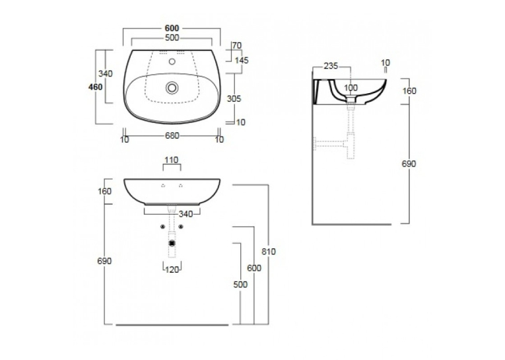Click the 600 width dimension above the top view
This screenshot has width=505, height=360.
[172, 28]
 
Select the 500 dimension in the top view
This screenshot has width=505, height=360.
[172, 38]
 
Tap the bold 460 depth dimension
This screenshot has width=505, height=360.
[95, 87]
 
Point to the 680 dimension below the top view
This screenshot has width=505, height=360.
[172, 135]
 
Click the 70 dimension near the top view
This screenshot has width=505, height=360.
[237, 46]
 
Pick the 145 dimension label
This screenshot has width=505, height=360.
[242, 60]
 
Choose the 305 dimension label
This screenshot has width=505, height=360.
[234, 98]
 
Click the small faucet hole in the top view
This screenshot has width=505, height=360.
[172, 61]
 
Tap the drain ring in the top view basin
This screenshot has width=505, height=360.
[172, 87]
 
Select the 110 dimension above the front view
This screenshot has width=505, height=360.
[172, 160]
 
